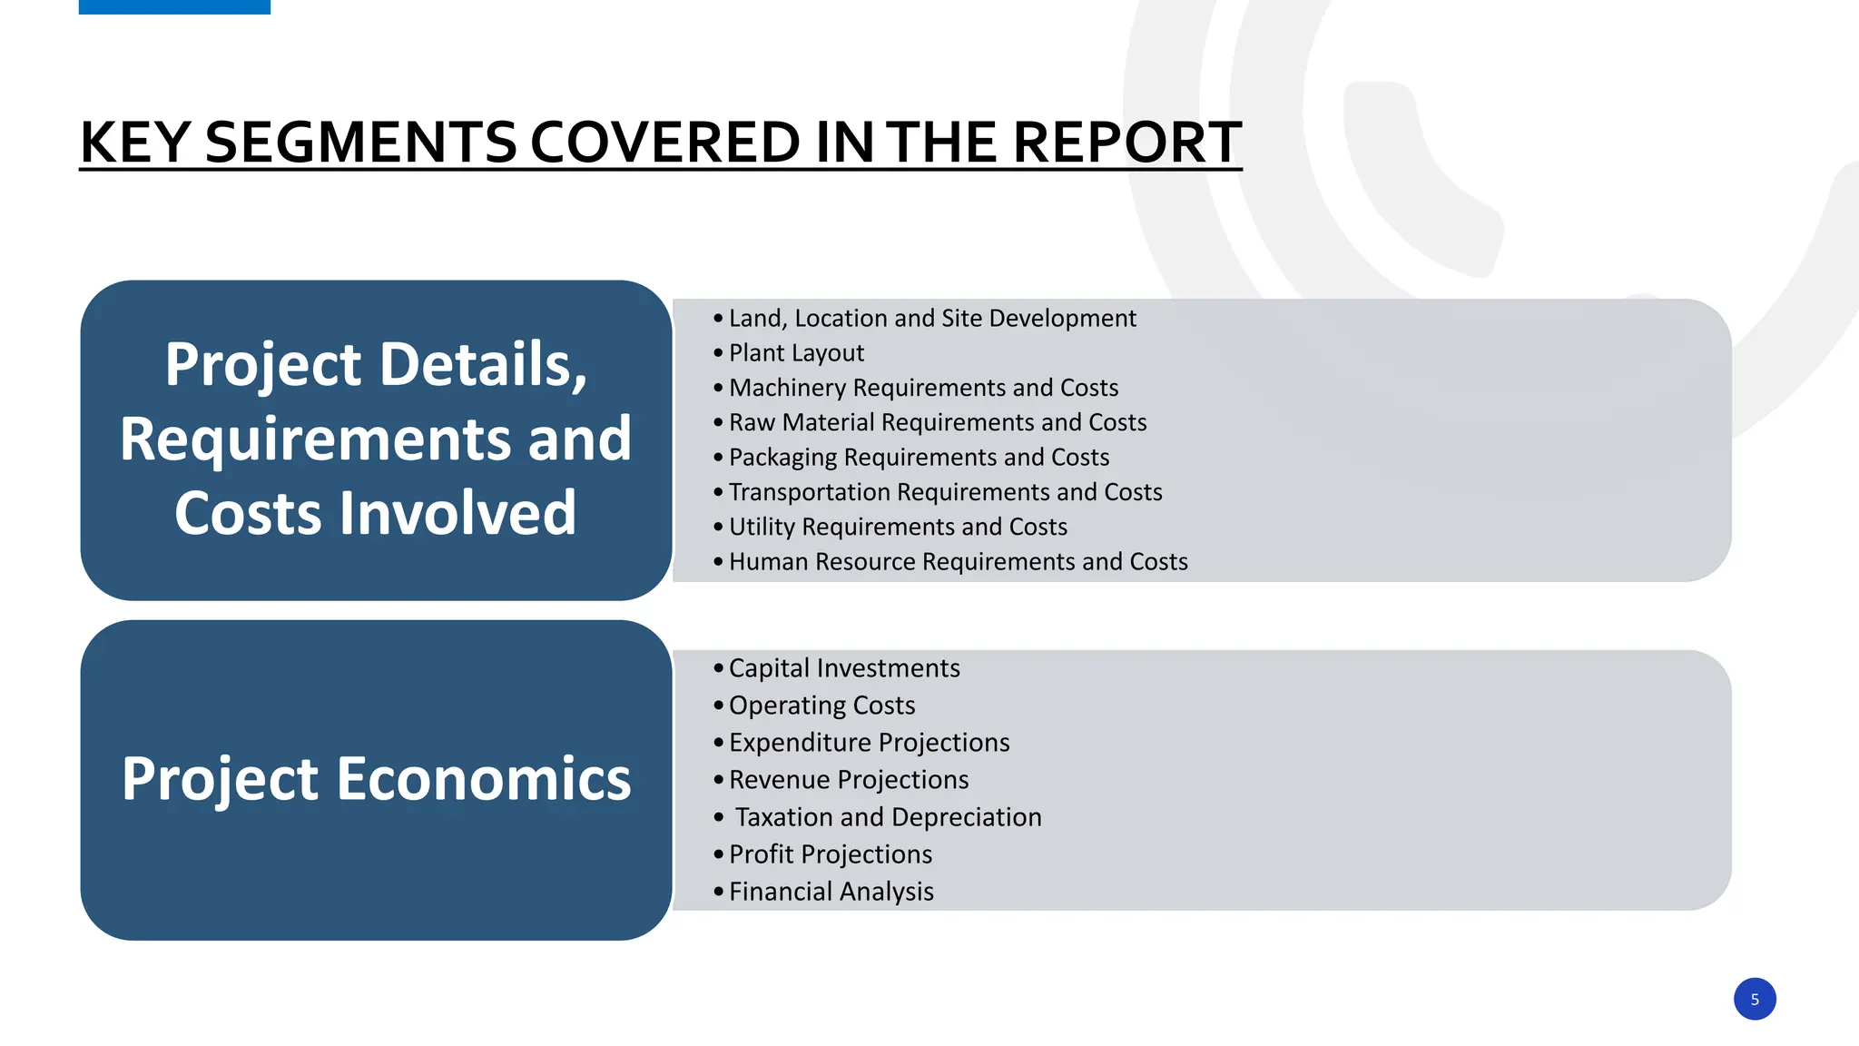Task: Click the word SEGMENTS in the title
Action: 360,143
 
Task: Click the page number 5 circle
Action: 1754,999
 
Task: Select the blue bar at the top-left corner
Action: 174,6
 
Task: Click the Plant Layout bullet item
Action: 796,353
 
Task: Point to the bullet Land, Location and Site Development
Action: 931,319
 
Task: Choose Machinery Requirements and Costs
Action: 923,388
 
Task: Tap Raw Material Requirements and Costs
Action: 937,422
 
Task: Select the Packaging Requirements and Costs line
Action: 919,458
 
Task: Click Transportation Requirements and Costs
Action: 945,492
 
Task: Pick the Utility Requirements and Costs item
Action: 898,527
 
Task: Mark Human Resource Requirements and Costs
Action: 958,562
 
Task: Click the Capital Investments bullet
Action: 843,668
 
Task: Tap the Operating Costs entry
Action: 821,706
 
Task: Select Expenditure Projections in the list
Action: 869,743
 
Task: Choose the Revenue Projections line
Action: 849,780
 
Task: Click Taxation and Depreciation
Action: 888,817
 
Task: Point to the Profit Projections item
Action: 830,854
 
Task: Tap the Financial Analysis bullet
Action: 831,892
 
